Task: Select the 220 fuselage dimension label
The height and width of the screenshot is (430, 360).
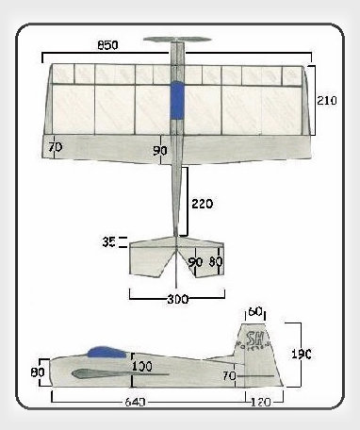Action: pos(201,203)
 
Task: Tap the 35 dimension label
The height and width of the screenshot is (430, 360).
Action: pos(109,242)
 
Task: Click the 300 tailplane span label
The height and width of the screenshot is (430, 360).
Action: pos(177,299)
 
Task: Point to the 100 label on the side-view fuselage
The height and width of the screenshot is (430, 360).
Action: pos(142,367)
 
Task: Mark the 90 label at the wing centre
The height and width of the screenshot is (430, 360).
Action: pos(160,150)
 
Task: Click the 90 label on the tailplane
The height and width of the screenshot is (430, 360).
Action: pos(196,262)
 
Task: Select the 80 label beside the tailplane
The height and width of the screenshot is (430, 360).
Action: pos(216,262)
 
